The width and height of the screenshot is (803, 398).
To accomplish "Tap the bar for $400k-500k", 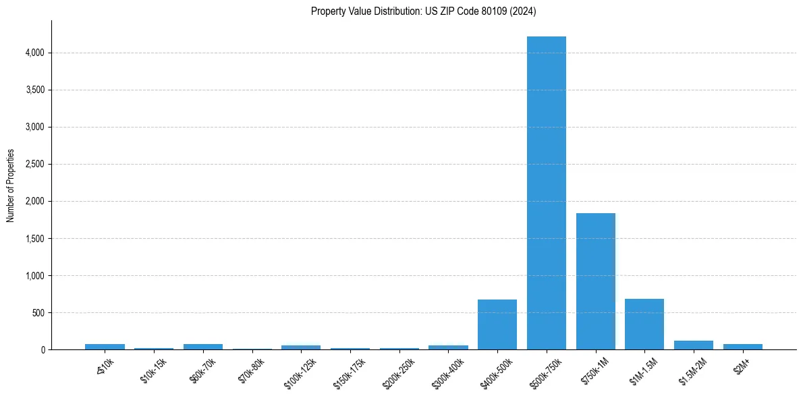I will click(497, 324).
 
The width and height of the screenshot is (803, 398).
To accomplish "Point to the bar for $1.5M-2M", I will click(694, 345).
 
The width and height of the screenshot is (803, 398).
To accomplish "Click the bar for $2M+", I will click(742, 347).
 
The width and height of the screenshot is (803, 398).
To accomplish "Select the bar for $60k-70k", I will click(203, 347).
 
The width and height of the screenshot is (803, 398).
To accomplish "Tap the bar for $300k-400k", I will click(448, 347).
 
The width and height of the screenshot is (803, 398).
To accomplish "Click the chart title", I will click(424, 11).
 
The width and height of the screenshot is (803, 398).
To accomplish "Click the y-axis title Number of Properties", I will click(11, 186).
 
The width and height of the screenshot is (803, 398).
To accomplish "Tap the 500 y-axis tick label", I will click(38, 313).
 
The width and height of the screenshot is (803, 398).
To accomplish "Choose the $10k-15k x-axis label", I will click(153, 370).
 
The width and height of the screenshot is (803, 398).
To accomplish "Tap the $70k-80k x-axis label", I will click(251, 370).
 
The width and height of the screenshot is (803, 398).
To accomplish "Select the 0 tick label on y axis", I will click(43, 350).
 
